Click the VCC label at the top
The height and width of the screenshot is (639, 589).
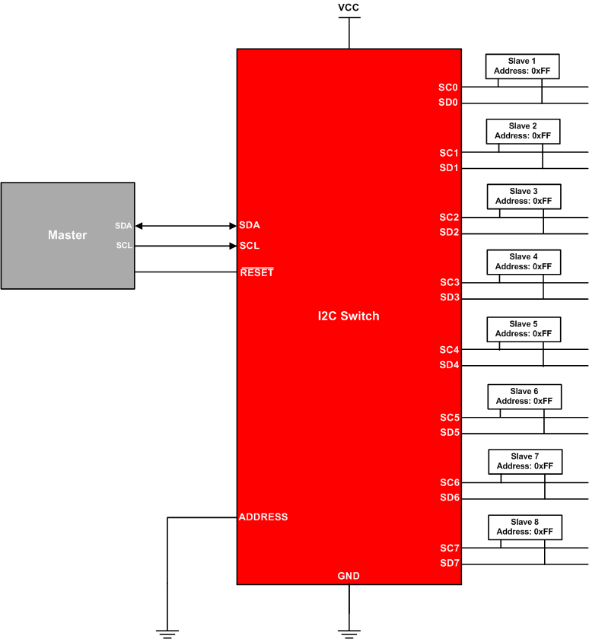[x=349, y=8]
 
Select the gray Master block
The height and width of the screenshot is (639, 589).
[x=68, y=236]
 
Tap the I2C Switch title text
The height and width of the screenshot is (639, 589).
[x=349, y=316]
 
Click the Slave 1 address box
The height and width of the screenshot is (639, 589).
[x=522, y=65]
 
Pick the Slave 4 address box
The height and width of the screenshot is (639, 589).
[x=523, y=262]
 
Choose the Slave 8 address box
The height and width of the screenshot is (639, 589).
[x=524, y=526]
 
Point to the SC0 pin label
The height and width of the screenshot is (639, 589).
[x=448, y=87]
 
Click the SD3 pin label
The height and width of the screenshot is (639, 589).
[x=449, y=297]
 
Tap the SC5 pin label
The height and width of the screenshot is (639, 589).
[x=449, y=418]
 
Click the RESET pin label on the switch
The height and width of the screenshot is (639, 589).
[x=256, y=272]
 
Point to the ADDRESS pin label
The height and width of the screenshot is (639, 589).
[x=263, y=517]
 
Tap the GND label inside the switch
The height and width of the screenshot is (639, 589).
[x=349, y=576]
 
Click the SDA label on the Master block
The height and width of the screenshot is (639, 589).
[x=123, y=226]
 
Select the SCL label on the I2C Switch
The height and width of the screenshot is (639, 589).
[x=249, y=246]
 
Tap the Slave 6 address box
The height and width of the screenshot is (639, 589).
[x=524, y=396]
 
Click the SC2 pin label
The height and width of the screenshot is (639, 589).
[x=449, y=218]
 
